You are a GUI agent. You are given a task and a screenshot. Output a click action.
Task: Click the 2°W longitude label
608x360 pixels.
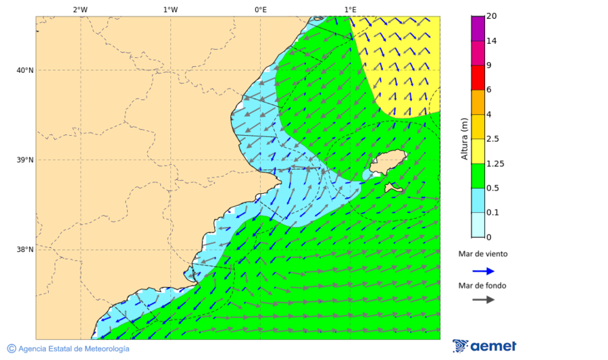(80, 9)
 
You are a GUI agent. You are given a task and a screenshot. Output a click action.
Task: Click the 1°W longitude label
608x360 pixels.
(170, 9)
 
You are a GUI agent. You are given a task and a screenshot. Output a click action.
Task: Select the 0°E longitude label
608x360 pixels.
(260, 9)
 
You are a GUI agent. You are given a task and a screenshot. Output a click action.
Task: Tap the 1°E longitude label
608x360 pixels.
(350, 9)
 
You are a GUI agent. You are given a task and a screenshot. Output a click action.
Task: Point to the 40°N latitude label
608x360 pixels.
(24, 70)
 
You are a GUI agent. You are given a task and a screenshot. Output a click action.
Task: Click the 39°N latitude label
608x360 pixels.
(24, 160)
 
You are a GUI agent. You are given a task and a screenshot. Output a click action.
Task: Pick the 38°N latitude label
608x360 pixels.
(24, 250)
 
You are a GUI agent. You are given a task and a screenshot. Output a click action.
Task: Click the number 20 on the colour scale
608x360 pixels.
(491, 16)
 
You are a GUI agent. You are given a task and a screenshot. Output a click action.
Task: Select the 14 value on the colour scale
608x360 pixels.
(491, 41)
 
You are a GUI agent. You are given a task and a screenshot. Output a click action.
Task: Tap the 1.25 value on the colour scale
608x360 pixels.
(495, 163)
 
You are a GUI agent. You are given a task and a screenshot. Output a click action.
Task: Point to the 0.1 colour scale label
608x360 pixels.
(492, 213)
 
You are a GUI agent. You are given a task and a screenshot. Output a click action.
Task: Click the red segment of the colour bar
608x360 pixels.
(478, 78)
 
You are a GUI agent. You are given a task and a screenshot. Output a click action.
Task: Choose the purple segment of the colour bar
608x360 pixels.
(478, 28)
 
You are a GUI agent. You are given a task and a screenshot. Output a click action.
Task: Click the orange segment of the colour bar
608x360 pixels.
(478, 102)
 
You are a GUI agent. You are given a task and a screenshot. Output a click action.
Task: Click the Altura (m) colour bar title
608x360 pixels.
(464, 138)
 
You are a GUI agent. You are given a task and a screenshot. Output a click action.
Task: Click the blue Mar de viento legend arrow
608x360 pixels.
(483, 271)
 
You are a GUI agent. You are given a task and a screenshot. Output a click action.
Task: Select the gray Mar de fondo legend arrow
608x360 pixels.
(483, 300)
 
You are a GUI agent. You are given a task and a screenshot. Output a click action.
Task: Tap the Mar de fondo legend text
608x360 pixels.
(482, 286)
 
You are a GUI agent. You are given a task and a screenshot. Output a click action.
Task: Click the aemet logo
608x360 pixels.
(484, 346)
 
